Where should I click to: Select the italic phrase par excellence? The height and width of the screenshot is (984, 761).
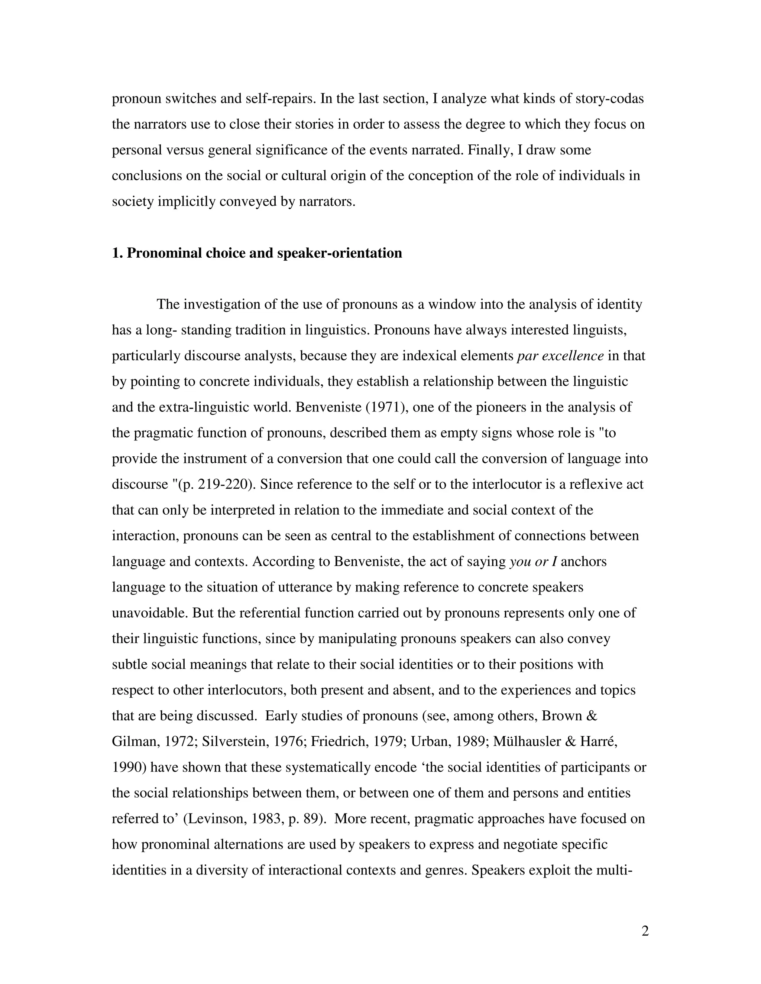560,356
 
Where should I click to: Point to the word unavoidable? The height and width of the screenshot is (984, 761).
150,613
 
